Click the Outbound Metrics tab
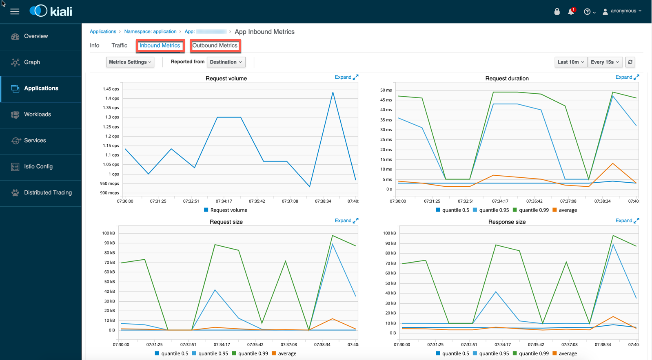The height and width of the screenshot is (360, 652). [215, 46]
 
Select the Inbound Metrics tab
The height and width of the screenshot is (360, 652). [160, 46]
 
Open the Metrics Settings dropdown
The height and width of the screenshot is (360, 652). [130, 62]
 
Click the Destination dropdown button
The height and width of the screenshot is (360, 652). [226, 62]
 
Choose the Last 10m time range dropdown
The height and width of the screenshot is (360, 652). [570, 62]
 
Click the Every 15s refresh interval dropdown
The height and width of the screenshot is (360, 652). [605, 62]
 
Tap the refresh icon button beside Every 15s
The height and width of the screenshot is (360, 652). [630, 62]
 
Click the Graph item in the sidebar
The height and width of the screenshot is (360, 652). [32, 62]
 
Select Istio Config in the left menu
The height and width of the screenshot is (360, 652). [38, 167]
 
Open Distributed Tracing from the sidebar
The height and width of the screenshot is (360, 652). [48, 193]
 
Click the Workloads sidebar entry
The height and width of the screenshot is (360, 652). [37, 115]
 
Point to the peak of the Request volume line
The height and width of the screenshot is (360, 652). [333, 93]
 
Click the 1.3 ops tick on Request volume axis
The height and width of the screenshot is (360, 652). [112, 117]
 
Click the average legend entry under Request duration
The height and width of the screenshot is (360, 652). [568, 210]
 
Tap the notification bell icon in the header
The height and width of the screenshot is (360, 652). [571, 12]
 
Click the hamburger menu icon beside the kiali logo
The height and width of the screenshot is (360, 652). [15, 11]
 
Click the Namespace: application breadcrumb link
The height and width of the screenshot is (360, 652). [150, 32]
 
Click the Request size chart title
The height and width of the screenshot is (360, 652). [226, 222]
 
